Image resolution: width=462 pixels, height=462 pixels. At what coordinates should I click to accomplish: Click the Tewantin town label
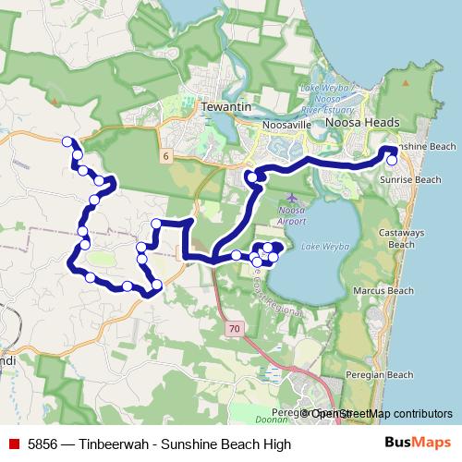point(226,108)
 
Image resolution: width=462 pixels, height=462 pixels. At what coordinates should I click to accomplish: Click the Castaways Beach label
point(401,239)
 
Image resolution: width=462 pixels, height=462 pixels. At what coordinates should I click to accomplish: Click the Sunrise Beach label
point(415,179)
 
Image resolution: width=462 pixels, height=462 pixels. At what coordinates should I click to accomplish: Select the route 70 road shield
point(236,328)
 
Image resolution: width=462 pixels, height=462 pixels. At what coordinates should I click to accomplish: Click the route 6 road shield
point(164,156)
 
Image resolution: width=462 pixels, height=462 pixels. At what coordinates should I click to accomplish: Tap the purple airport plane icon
point(293,198)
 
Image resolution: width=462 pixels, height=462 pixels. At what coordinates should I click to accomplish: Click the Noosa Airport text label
point(292,216)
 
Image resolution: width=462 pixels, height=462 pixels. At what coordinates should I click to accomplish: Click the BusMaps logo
point(421,444)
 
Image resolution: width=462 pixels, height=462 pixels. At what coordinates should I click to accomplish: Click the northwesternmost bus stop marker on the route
point(67,141)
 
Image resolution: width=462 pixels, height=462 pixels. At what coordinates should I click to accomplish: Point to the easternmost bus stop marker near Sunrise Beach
point(394,159)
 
